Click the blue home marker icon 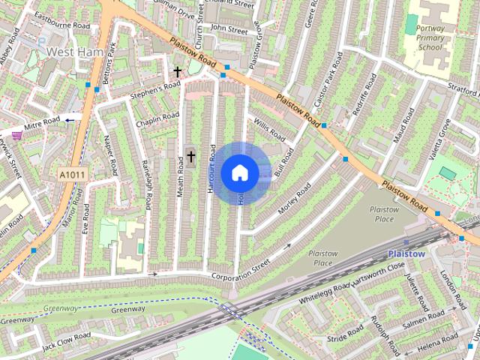(x=240, y=173)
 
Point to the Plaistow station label (x=407, y=253)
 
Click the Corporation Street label (x=239, y=270)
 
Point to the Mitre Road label (x=40, y=121)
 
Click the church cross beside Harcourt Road (x=191, y=157)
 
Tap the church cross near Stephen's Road (x=178, y=72)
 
